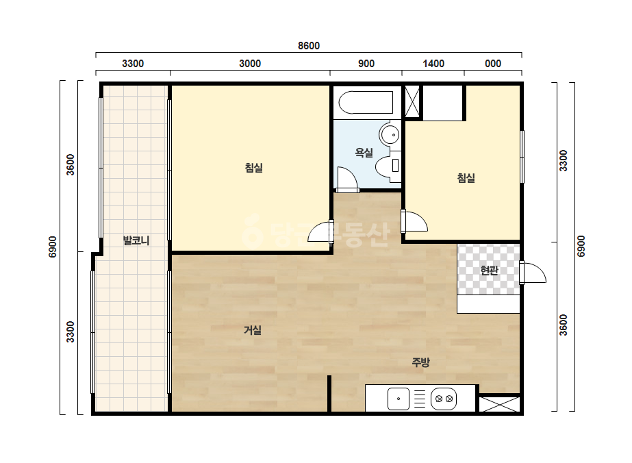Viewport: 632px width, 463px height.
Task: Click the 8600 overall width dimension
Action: (309, 46)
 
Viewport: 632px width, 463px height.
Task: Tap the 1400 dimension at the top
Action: (433, 63)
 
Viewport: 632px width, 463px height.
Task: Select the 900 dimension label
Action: (366, 63)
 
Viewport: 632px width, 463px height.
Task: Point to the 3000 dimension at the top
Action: (250, 63)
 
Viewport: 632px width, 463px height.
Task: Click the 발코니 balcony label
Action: (136, 241)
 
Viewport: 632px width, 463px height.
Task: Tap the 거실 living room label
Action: (253, 330)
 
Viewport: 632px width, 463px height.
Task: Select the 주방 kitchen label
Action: (420, 362)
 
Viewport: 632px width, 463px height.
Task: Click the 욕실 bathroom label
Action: (364, 153)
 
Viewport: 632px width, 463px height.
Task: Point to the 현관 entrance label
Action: (490, 271)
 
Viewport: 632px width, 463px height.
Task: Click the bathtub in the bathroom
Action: (366, 103)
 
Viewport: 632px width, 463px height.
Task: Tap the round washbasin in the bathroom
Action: (390, 134)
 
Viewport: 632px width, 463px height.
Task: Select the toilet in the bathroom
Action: (388, 165)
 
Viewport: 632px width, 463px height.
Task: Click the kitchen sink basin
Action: (399, 399)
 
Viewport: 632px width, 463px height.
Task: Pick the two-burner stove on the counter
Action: (444, 399)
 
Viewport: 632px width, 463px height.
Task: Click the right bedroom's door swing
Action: (414, 221)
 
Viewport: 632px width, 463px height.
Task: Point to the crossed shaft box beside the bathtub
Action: (412, 101)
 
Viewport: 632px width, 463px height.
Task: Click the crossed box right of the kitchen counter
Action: (499, 404)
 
